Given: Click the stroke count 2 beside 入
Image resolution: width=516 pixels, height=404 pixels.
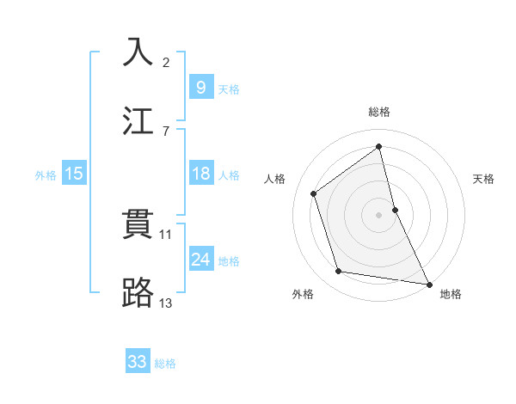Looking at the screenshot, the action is (x=166, y=63).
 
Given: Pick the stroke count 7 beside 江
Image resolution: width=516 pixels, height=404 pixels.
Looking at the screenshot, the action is (x=165, y=131).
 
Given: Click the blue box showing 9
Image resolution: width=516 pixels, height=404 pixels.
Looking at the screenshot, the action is (x=200, y=88).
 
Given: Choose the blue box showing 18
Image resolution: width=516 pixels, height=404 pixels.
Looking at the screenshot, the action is (x=200, y=174).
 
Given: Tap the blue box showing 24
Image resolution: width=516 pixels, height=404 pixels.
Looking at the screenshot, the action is (x=200, y=260).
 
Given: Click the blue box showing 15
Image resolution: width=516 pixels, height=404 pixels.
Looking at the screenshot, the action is (x=74, y=174).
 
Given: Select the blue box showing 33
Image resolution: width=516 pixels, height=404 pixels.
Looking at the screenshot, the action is (x=137, y=362).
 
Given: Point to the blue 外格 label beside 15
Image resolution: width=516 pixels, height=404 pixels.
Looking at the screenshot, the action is (x=46, y=174).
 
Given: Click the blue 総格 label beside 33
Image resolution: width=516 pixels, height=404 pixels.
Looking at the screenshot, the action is (x=165, y=363).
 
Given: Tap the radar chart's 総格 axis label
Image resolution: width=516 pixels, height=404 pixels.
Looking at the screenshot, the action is (x=379, y=112).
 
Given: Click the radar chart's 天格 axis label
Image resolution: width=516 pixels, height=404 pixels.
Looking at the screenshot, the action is (x=484, y=179).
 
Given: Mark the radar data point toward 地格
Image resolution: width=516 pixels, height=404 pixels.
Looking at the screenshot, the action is (x=428, y=284).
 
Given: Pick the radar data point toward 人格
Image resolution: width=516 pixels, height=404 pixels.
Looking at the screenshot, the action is (x=314, y=193).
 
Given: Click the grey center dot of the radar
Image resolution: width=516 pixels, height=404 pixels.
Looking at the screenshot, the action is (x=379, y=214).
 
